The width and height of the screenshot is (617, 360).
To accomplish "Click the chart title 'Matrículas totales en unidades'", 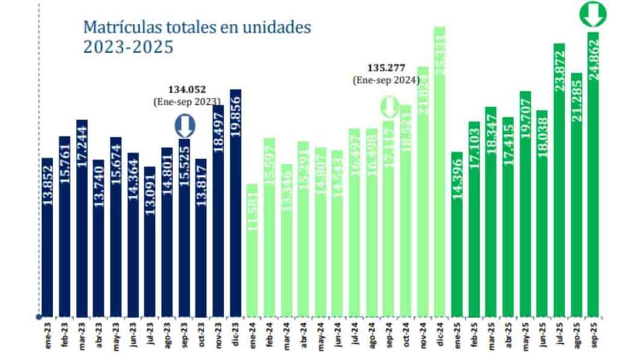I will click(x=198, y=27).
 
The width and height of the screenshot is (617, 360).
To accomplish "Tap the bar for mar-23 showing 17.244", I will click(x=82, y=217).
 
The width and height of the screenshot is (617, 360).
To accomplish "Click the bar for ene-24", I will click(x=252, y=250).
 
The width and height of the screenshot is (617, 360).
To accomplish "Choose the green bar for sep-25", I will click(x=594, y=175).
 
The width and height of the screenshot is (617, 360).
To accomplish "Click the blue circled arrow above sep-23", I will click(x=184, y=127).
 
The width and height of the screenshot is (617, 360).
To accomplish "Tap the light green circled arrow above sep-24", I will click(x=389, y=108).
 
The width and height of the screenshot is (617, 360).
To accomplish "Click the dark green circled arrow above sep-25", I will click(x=593, y=14).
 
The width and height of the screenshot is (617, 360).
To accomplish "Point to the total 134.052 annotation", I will click(x=186, y=90).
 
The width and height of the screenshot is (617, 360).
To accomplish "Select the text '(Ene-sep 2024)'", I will click(x=386, y=80).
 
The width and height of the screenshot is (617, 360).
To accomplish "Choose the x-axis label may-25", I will click(x=525, y=338).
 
